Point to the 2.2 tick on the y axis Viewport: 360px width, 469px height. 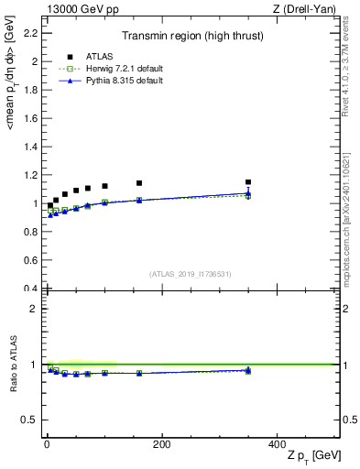[x=31, y=33]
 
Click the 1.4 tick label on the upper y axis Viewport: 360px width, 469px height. [x=31, y=147]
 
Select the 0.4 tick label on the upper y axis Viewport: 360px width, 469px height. [x=31, y=289]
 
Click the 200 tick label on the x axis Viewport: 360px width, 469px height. [x=161, y=444]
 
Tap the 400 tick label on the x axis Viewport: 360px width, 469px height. [x=277, y=444]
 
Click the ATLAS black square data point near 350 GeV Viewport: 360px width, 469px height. [x=248, y=182]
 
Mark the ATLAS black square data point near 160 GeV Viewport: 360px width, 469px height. [x=139, y=183]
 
